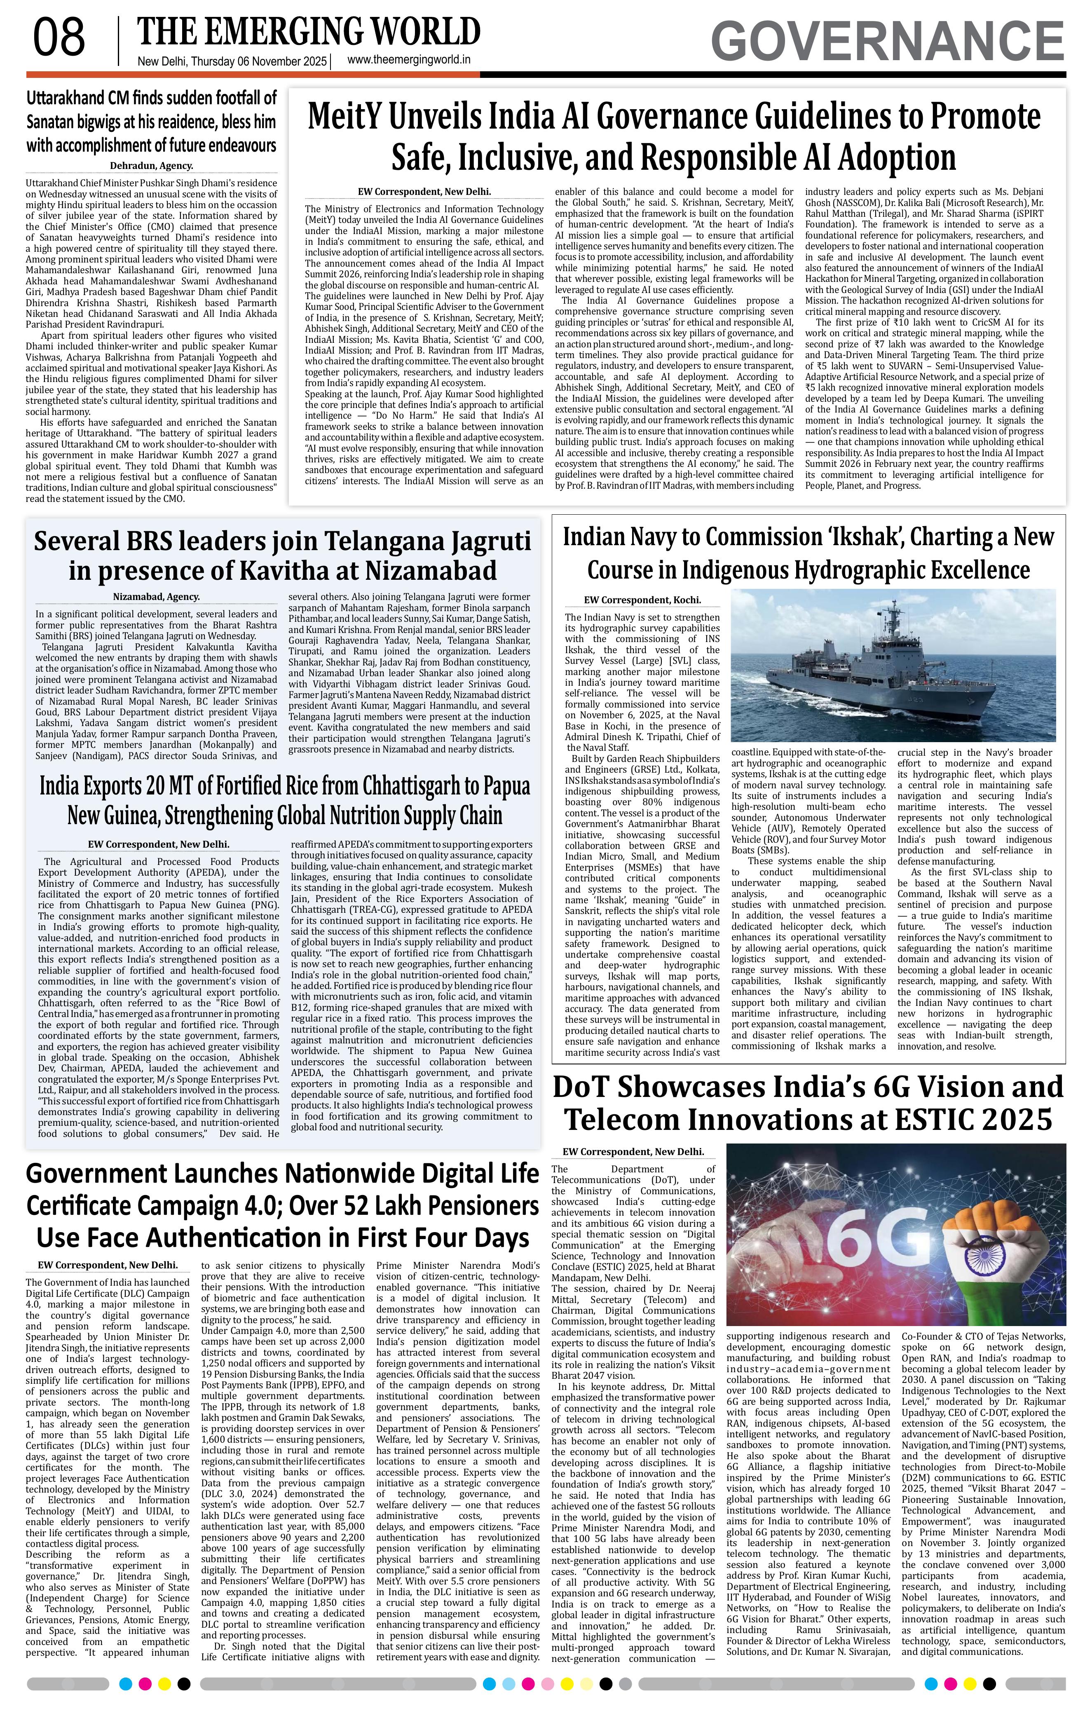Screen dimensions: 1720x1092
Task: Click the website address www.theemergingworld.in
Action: tap(408, 61)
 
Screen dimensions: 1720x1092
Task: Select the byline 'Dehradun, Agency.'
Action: tap(151, 166)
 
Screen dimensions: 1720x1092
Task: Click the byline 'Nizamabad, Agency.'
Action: tap(157, 596)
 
